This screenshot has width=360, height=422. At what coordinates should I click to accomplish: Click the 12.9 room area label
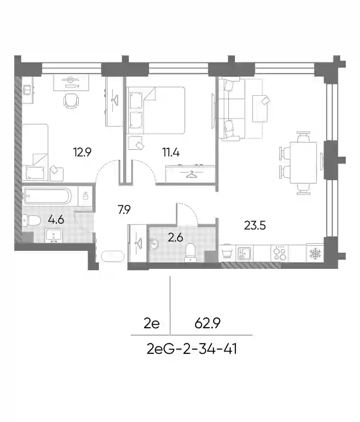(x=82, y=152)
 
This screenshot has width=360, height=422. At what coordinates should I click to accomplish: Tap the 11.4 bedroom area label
(x=171, y=153)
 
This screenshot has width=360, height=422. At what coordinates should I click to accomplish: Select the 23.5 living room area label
(x=255, y=225)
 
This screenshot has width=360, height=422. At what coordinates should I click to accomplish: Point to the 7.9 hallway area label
(x=124, y=210)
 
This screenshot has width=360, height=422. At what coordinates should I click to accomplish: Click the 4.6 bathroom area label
(x=56, y=220)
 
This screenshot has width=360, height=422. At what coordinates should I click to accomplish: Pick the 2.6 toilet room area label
(x=175, y=238)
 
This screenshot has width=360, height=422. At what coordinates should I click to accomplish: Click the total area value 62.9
(x=207, y=323)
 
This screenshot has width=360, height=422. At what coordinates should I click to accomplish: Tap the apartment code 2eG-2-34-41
(x=192, y=349)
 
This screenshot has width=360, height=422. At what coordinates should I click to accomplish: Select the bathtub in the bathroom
(x=47, y=196)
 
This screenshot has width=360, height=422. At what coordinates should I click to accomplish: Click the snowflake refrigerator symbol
(x=315, y=254)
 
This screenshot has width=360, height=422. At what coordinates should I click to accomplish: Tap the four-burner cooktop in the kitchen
(x=279, y=253)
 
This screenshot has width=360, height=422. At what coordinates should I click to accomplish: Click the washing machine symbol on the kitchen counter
(x=227, y=253)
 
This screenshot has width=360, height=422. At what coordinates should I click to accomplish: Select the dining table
(x=304, y=162)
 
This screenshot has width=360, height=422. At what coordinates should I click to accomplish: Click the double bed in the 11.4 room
(x=156, y=110)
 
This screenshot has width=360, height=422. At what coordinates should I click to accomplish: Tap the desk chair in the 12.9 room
(x=71, y=101)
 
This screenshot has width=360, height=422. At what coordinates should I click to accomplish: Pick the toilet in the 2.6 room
(x=190, y=252)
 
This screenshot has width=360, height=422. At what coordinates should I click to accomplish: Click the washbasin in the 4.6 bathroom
(x=54, y=236)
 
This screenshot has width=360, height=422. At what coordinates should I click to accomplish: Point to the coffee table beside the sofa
(x=260, y=109)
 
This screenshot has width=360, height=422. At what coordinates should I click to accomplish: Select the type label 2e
(x=152, y=323)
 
